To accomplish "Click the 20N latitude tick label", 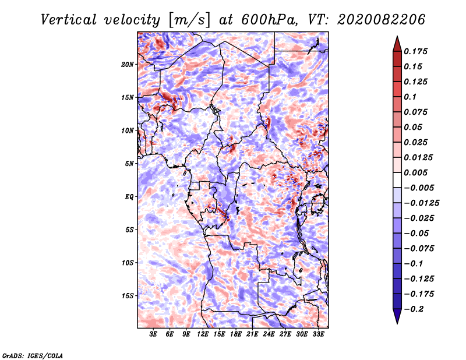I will click(x=128, y=64).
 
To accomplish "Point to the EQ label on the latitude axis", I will click(x=129, y=197).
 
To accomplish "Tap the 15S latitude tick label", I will click(x=128, y=296).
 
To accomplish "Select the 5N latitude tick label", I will click(x=129, y=164).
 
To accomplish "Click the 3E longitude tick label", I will click(x=153, y=335).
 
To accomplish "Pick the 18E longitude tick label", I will click(x=236, y=335).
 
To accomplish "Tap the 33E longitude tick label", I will click(x=319, y=335).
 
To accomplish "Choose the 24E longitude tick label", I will click(x=269, y=335).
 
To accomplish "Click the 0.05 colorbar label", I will click(x=414, y=127).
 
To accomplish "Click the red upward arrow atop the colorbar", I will click(x=397, y=43).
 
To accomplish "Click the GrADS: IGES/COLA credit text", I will click(x=33, y=355).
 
